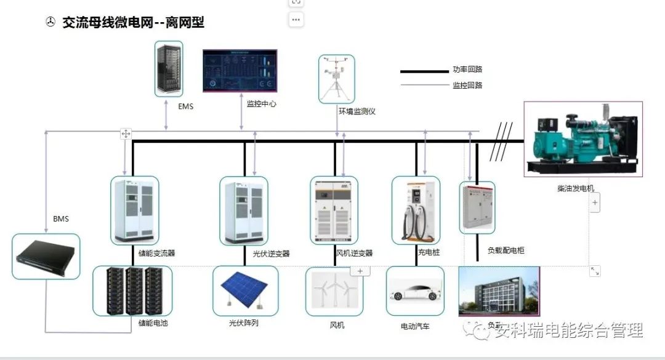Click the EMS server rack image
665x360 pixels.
[169, 68]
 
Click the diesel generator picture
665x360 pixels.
[582, 138]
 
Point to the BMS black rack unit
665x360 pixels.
[47, 257]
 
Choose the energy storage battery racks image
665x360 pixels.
[132, 291]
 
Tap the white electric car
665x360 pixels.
[415, 291]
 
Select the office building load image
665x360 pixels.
[499, 292]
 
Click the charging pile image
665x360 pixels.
[416, 210]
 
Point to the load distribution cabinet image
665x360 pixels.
[477, 207]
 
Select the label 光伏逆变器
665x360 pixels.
[271, 254]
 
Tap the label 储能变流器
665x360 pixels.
[156, 253]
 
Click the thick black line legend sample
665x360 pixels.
[424, 71]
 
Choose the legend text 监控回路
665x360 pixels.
[467, 85]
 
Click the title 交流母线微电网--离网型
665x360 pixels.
[133, 23]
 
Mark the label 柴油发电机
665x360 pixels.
[576, 188]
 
